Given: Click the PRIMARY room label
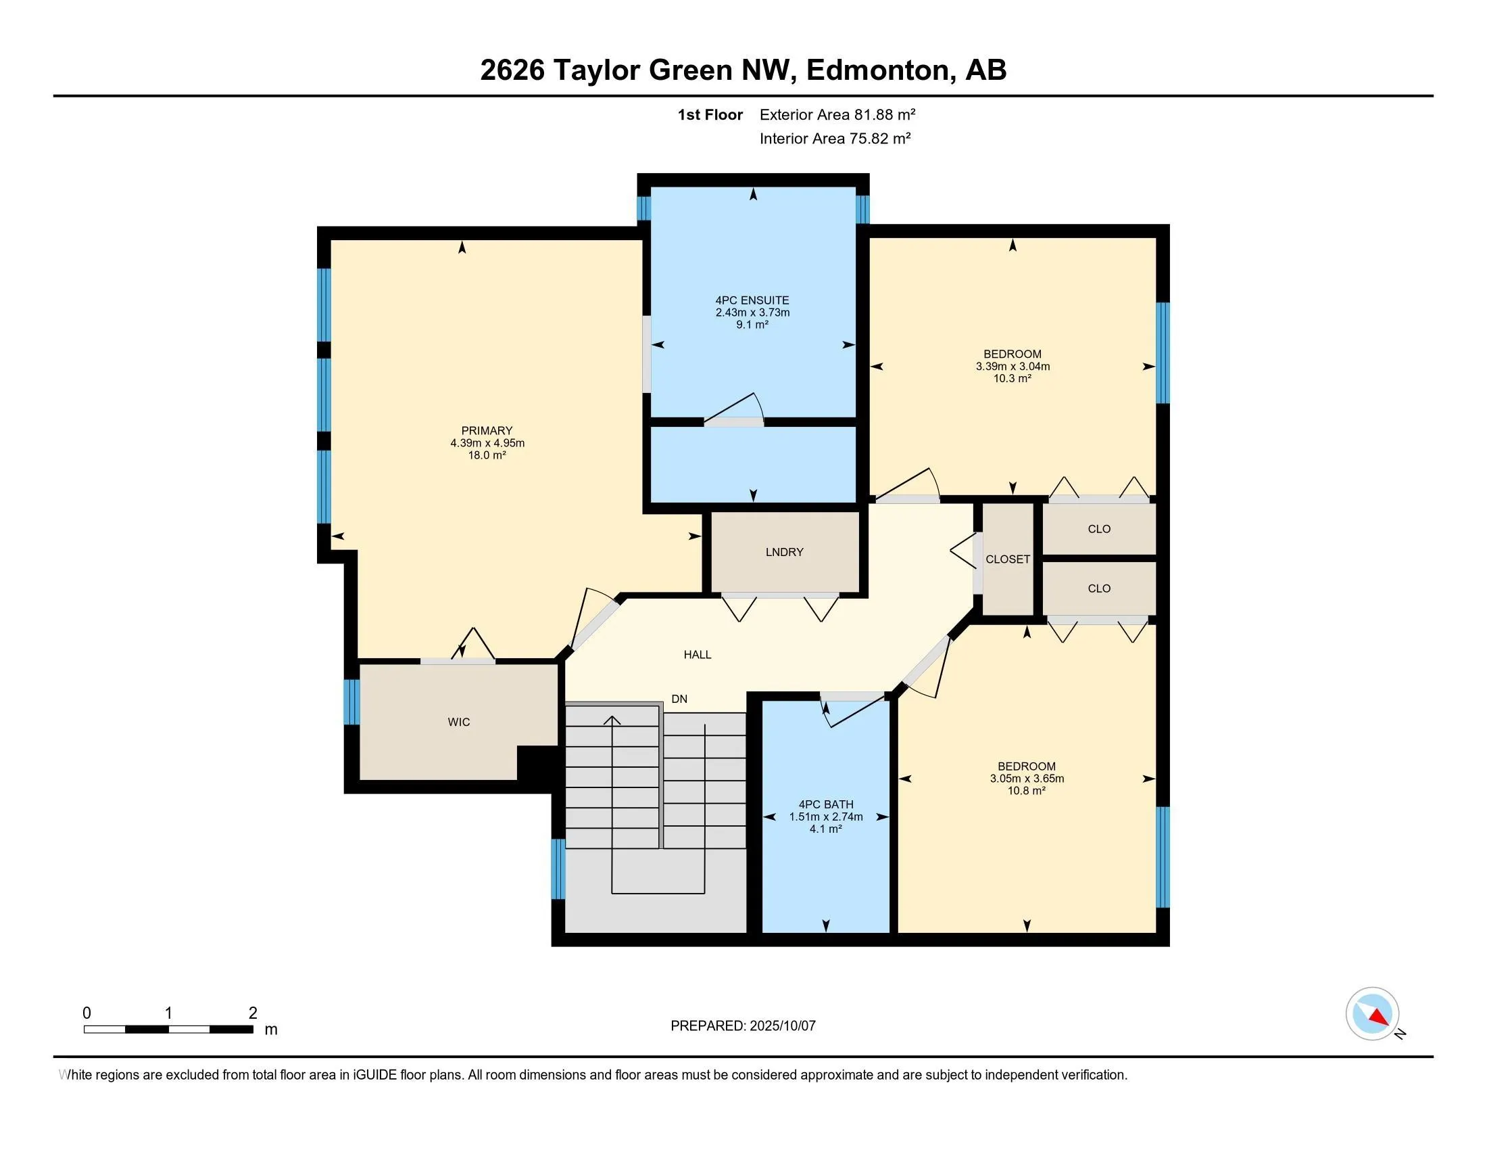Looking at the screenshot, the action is (x=487, y=430).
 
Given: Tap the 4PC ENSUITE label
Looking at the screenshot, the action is (x=752, y=300).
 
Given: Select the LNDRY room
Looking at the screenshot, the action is (x=784, y=552).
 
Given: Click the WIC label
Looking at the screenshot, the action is (x=459, y=722).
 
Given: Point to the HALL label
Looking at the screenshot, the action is (x=698, y=655).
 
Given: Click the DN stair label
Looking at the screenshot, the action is (x=679, y=699).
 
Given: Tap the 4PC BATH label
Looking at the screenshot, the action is (x=826, y=804).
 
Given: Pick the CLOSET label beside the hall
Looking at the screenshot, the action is (x=1008, y=559).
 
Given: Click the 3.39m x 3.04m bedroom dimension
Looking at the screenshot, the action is (x=1013, y=367).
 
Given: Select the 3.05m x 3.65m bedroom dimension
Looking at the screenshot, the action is (x=1027, y=779).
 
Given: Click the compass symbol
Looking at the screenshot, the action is (x=1373, y=1014).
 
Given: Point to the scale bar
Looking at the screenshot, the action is (x=169, y=1030).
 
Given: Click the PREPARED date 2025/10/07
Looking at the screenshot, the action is (x=782, y=1026).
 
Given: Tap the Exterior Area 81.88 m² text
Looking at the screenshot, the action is (x=837, y=114).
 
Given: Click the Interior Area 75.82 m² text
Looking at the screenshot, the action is (x=835, y=138).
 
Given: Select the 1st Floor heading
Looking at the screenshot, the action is (x=710, y=114).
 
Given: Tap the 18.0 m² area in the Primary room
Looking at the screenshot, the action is (x=487, y=455).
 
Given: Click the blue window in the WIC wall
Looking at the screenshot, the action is (x=351, y=701).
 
